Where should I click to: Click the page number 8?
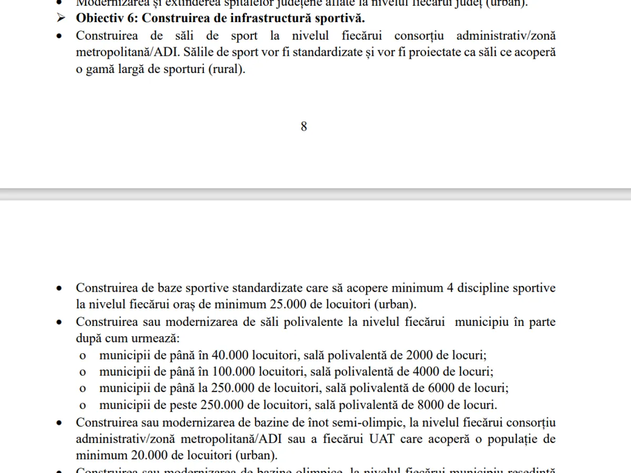tap(303, 127)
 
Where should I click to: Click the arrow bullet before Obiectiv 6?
tap(62, 18)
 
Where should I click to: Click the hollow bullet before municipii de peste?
tap(82, 406)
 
